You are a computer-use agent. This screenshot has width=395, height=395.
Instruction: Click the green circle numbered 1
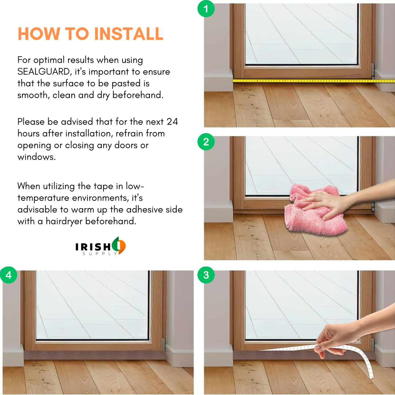tap(206, 8)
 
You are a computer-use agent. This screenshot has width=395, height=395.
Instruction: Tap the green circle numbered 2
tap(206, 142)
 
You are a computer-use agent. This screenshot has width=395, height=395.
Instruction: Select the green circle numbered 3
tap(206, 275)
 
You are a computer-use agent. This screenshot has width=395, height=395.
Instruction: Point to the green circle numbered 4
tap(8, 275)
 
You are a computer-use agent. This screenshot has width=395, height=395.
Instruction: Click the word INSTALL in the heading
tap(129, 34)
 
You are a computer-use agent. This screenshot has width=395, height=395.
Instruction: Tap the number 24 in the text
tap(172, 122)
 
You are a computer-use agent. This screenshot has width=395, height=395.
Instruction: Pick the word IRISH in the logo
tap(93, 247)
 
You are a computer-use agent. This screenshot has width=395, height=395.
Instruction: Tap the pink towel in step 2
tap(315, 210)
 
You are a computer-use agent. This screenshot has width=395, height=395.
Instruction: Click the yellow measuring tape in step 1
tap(314, 81)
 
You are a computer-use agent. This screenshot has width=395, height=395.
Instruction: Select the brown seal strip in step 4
tap(95, 355)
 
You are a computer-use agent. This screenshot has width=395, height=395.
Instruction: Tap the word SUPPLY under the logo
tap(100, 254)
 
